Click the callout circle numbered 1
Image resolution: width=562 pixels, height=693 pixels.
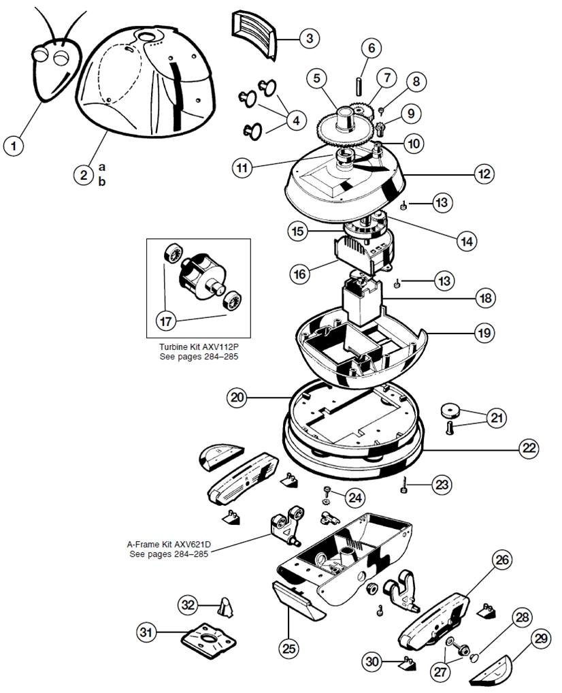13,144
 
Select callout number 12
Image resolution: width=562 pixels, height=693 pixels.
484,174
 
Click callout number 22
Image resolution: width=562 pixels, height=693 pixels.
529,448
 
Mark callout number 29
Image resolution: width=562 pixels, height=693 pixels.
542,639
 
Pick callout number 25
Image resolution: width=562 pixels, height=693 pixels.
289,649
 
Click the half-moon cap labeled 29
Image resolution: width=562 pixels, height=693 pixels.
498,669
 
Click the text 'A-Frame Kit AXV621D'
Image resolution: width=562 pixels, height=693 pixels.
167,544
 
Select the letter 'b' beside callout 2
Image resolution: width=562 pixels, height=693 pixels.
102,181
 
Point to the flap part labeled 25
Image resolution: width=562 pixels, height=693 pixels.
298,600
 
